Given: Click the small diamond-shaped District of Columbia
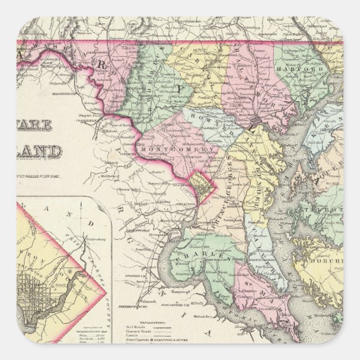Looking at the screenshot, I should click(200, 184).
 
